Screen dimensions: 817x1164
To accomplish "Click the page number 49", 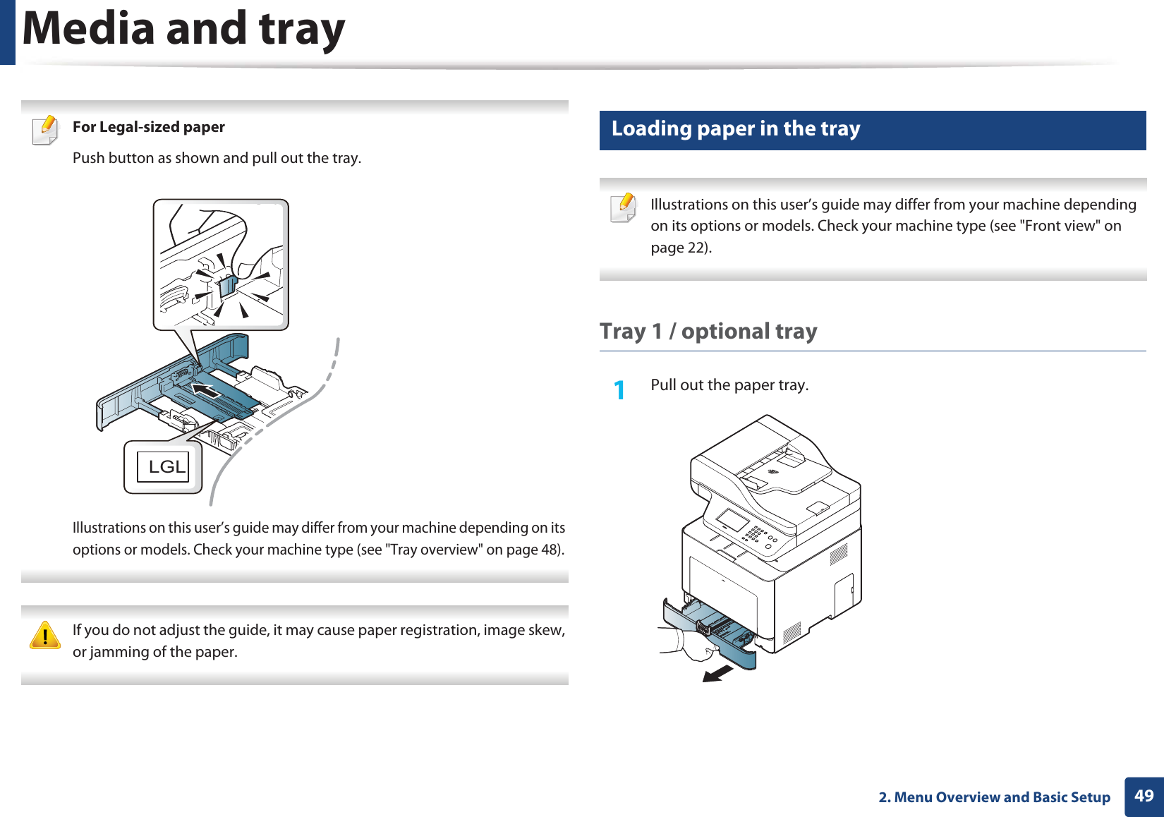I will point(1144,796).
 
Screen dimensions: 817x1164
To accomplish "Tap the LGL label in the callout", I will point(166,467).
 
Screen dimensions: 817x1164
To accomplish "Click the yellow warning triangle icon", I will point(45,635).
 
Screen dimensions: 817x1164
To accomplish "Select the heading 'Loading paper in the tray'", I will point(736,129).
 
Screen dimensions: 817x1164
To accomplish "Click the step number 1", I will point(619,389).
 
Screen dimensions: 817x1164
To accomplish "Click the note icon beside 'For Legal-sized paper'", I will point(46,130).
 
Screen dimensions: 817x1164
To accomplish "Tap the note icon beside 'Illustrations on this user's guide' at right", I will point(624,208).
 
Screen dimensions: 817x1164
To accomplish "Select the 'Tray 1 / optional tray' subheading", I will point(708,332).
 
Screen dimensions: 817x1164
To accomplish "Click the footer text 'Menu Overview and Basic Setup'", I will point(1002,797).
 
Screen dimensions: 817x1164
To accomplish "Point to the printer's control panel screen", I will point(732,521).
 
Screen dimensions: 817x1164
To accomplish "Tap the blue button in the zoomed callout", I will point(228,286).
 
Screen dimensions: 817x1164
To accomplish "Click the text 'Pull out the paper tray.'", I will point(729,385).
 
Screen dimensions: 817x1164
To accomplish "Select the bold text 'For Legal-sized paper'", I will point(149,127).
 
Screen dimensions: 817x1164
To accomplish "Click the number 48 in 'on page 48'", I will point(550,550).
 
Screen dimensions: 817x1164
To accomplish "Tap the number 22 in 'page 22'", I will point(697,248).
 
